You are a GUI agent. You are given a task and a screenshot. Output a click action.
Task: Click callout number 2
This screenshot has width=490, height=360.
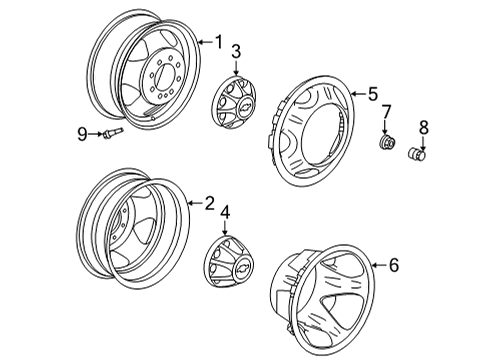tap(209, 202)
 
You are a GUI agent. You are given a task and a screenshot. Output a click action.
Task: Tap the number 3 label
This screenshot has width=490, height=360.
tap(236, 51)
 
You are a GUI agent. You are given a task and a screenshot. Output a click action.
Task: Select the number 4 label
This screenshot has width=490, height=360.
tap(225, 212)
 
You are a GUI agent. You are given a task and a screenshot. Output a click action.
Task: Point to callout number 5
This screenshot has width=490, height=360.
tap(372, 94)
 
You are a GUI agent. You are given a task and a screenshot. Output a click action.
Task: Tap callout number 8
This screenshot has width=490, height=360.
tap(422, 128)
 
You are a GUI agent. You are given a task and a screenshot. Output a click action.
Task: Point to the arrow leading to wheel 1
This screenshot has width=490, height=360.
tap(203, 41)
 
